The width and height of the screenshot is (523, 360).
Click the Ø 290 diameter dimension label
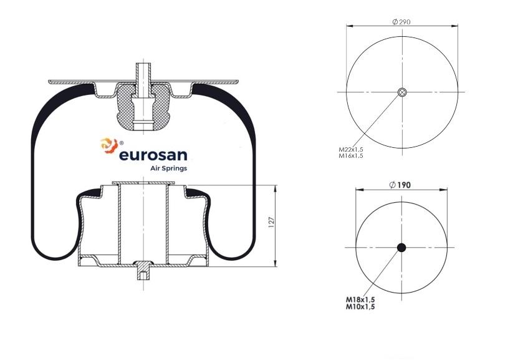tap(401, 22)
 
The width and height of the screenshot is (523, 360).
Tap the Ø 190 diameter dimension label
tap(400, 185)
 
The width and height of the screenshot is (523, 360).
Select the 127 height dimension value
tap(271, 222)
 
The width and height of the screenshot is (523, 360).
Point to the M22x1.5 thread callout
tap(351, 150)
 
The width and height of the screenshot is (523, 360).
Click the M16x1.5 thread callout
tap(351, 155)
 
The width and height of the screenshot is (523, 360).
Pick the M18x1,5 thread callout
tap(360, 299)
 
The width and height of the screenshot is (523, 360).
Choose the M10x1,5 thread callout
tap(360, 306)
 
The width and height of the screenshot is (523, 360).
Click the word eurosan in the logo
tap(153, 155)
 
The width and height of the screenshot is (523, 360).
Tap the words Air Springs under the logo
tap(168, 168)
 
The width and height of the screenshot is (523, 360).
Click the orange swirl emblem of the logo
tap(108, 145)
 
